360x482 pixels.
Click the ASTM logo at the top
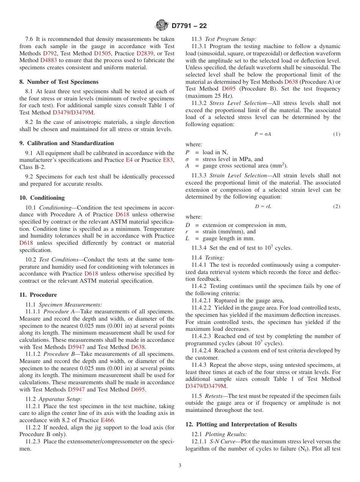[162, 25]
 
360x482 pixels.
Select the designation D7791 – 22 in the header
[189, 26]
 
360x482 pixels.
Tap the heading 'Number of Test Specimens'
[63, 82]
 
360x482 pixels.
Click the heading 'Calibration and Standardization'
[70, 143]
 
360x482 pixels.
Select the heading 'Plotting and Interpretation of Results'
[246, 424]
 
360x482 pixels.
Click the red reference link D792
[50, 53]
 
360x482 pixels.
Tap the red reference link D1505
[102, 53]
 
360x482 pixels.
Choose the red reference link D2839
[145, 53]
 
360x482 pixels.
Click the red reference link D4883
[49, 60]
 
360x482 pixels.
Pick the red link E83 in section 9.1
[168, 160]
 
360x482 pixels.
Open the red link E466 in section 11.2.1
[108, 420]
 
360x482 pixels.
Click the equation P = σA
[263, 134]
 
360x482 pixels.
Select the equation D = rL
[263, 207]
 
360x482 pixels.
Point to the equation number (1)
[337, 134]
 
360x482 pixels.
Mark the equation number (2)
[337, 207]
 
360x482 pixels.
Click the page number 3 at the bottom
[180, 466]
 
